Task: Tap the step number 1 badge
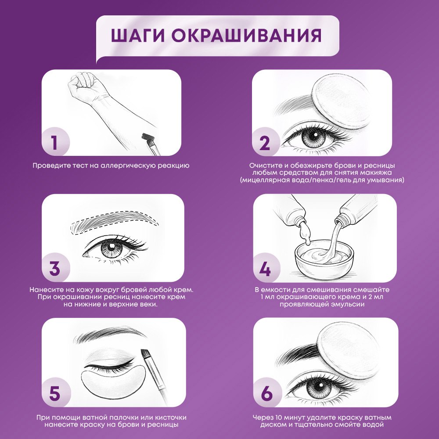click(x=55, y=141)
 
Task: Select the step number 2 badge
click(x=266, y=142)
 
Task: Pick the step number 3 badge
click(x=55, y=268)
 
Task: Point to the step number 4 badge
click(x=266, y=268)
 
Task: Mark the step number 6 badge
click(x=267, y=393)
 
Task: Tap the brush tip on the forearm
click(x=148, y=137)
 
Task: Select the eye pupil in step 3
click(x=112, y=247)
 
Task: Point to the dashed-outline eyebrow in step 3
click(x=114, y=222)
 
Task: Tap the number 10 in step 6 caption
click(x=279, y=417)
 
